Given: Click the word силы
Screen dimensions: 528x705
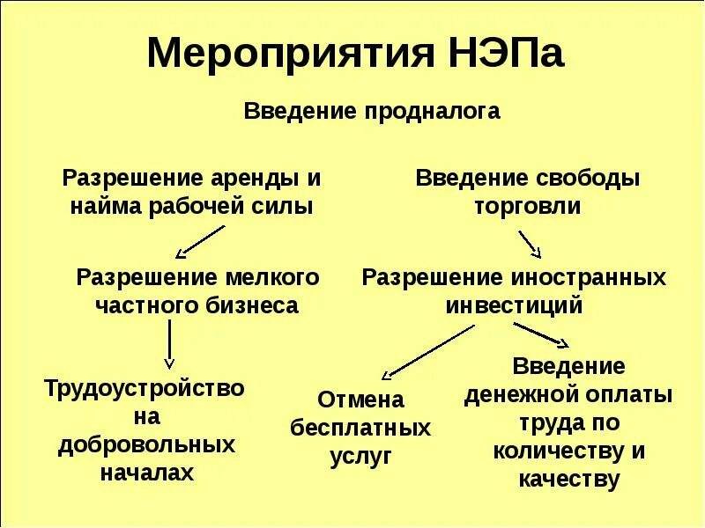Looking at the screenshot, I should (x=288, y=208).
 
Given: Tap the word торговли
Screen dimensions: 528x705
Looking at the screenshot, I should (x=528, y=208).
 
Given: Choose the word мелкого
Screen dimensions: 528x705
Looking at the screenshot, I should (x=274, y=278).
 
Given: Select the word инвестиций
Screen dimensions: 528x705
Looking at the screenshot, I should (x=514, y=306).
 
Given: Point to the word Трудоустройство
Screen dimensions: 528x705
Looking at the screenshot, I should (x=145, y=387).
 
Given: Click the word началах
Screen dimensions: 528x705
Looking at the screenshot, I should (x=146, y=473).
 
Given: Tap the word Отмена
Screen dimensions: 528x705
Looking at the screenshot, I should (x=360, y=400).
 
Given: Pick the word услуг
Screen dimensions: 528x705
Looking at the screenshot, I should (x=360, y=457).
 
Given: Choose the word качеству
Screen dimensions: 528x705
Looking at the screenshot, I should (x=569, y=480).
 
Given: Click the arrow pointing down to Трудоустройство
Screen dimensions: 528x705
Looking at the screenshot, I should (x=170, y=345).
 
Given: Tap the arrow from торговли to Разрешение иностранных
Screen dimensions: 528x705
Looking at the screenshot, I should (x=530, y=242).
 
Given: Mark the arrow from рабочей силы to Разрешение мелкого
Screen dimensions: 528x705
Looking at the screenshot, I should (x=202, y=240).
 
